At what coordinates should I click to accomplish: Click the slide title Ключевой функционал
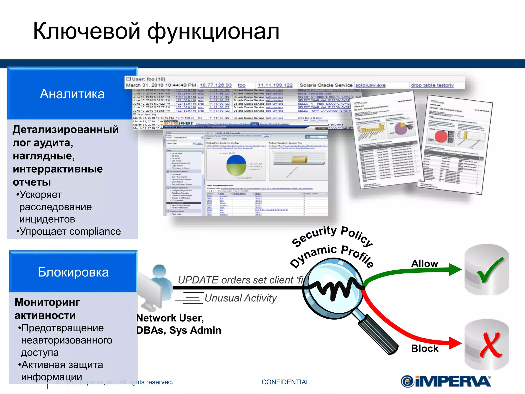tap(156, 31)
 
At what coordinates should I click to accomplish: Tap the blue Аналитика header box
tap(72, 94)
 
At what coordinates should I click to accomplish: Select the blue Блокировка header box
tap(73, 272)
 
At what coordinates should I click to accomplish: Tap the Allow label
tap(425, 263)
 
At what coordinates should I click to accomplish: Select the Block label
tap(425, 348)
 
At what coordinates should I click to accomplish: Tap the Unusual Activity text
tap(240, 298)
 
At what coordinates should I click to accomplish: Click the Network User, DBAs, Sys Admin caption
tap(178, 324)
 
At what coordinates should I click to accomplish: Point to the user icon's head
tap(159, 271)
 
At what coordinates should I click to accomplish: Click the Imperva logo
tap(446, 381)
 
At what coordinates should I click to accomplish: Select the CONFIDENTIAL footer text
tap(285, 382)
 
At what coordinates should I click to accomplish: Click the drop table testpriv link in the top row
tap(432, 85)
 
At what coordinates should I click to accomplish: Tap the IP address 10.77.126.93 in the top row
tap(216, 85)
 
